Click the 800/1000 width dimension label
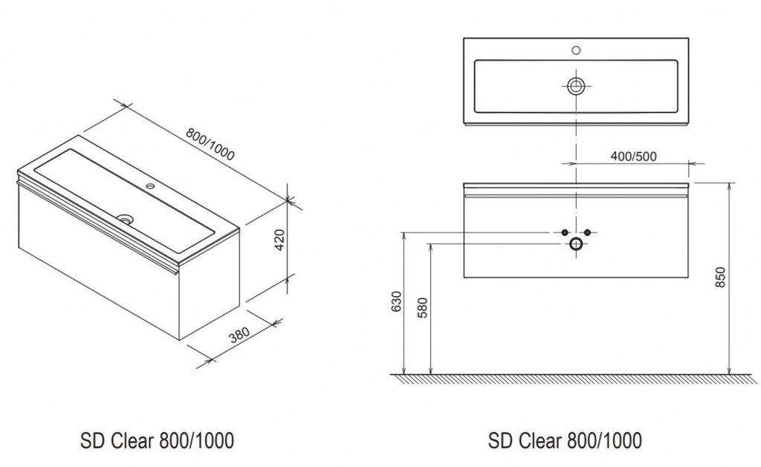click(210, 144)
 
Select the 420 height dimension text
click(280, 240)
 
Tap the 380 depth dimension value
click(239, 335)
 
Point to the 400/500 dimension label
click(633, 156)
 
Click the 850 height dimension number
click(720, 277)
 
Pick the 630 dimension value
click(397, 301)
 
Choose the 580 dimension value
click(423, 307)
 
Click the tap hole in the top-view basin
click(576, 50)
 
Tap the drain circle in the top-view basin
click(576, 87)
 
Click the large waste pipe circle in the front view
click(576, 244)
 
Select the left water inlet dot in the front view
click(565, 232)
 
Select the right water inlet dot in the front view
click(587, 232)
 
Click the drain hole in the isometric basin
click(126, 219)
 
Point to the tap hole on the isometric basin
click(150, 186)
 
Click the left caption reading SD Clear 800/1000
click(157, 441)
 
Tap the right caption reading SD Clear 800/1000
click(565, 441)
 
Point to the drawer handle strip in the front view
click(576, 196)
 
